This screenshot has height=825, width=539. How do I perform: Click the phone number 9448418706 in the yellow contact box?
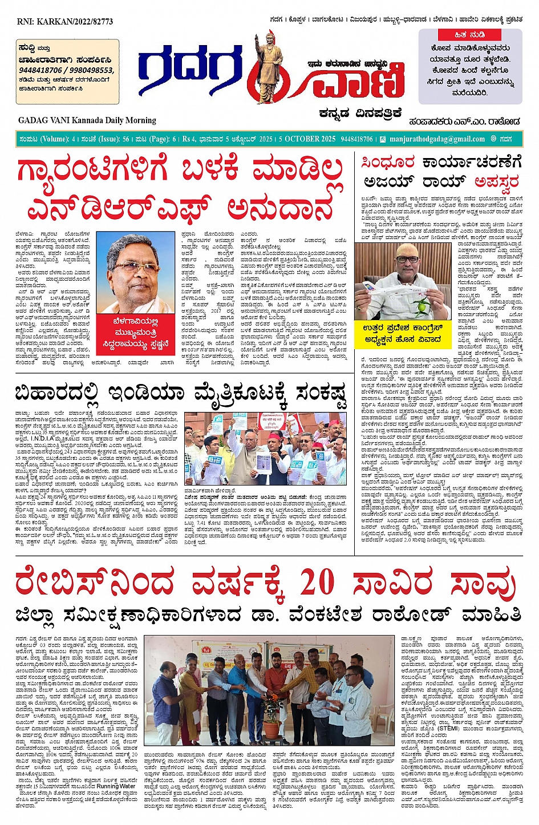(x=40, y=70)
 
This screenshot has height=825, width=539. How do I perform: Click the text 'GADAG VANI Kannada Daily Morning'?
(x=87, y=120)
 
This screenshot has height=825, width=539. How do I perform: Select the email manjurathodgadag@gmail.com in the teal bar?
(x=437, y=139)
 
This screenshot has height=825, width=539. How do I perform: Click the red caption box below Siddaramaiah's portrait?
(x=136, y=333)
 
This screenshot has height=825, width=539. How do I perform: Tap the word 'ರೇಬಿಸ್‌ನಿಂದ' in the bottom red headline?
(x=94, y=584)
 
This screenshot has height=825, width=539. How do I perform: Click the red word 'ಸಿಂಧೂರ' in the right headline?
(x=388, y=163)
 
